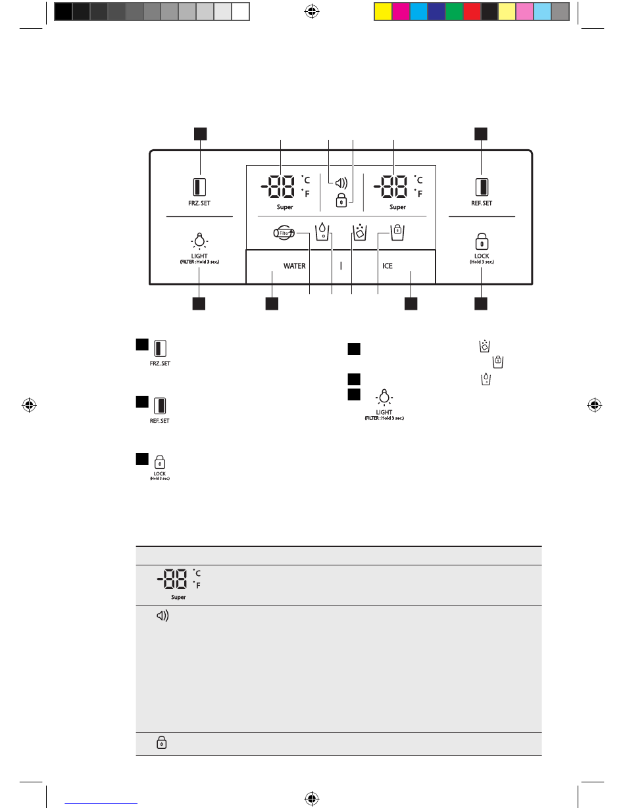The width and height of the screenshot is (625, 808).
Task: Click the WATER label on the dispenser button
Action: click(294, 266)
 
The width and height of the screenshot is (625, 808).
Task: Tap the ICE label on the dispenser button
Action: click(387, 266)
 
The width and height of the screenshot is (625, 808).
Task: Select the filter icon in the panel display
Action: click(284, 232)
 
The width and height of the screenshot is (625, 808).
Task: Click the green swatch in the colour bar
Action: click(453, 11)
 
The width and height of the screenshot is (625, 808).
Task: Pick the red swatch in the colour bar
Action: click(471, 11)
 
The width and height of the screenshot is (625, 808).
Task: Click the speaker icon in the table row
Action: click(161, 618)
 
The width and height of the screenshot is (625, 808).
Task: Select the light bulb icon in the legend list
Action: click(385, 398)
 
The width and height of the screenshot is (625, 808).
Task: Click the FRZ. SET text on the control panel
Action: click(200, 203)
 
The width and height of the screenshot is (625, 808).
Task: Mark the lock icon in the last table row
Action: click(161, 744)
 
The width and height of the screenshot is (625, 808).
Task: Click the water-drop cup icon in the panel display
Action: click(322, 231)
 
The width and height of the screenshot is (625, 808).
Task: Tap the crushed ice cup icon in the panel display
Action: click(359, 231)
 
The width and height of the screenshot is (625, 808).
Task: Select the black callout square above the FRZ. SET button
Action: click(200, 133)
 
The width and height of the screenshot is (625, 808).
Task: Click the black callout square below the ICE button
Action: click(411, 304)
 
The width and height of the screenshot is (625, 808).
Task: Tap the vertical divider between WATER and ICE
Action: click(341, 266)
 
